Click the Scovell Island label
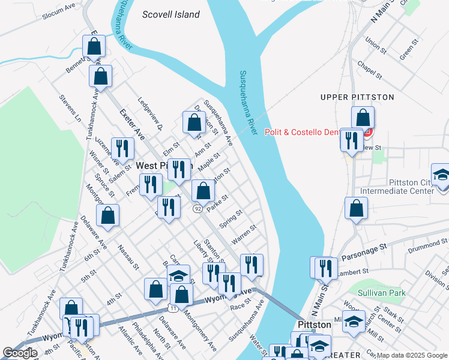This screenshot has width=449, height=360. [x=171, y=14]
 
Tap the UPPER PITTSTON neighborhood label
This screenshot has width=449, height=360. [x=357, y=97]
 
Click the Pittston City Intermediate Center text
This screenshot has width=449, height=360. [x=396, y=187]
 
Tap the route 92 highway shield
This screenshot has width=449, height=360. [x=197, y=208]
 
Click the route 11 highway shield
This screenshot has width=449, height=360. [x=173, y=308]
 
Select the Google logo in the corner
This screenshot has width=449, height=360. [x=20, y=353]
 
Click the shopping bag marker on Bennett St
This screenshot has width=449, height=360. [x=94, y=46]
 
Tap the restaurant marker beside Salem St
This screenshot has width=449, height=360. [x=122, y=149]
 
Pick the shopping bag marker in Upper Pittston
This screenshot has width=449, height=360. [x=363, y=118]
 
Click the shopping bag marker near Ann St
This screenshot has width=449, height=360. [x=194, y=123]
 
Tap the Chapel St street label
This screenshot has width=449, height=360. [x=370, y=70]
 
